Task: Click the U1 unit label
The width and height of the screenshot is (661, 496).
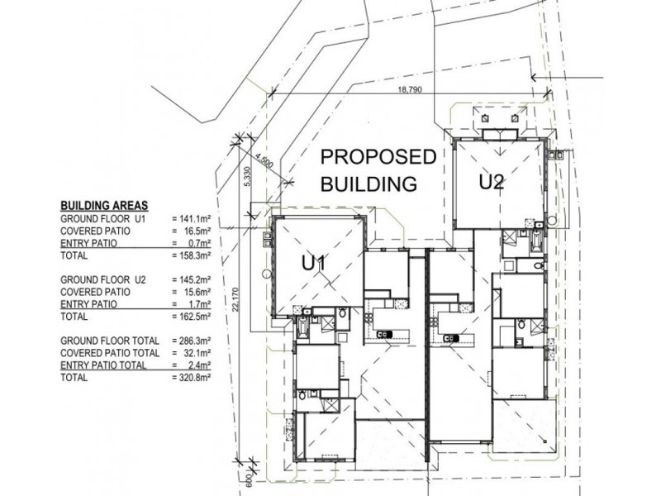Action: point(316,263)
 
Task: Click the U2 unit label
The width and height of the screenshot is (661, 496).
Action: point(491,183)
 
